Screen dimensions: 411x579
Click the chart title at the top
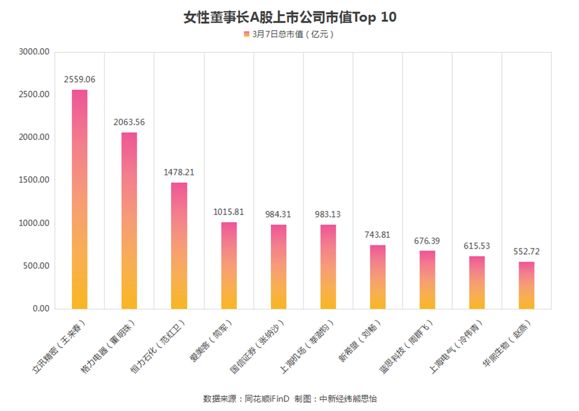(x=289, y=17)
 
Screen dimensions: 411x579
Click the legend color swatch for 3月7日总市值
(x=246, y=34)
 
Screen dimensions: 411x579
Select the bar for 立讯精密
(x=80, y=199)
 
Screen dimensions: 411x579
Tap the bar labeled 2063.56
(x=129, y=220)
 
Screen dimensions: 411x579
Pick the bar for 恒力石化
(x=179, y=245)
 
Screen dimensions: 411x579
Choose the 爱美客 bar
(x=228, y=265)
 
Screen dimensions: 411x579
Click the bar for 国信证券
(x=278, y=267)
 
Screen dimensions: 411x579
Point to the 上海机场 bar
(x=327, y=267)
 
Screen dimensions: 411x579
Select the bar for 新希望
(x=378, y=277)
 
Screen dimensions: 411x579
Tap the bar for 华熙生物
(x=526, y=285)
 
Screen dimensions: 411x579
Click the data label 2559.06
(x=80, y=80)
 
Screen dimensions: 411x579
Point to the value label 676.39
(x=427, y=241)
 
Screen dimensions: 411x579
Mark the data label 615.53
(x=477, y=246)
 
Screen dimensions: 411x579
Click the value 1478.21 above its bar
(x=179, y=172)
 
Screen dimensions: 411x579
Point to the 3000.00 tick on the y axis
(x=35, y=52)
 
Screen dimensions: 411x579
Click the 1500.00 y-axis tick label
(x=35, y=180)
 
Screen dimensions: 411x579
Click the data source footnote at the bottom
(x=289, y=399)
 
